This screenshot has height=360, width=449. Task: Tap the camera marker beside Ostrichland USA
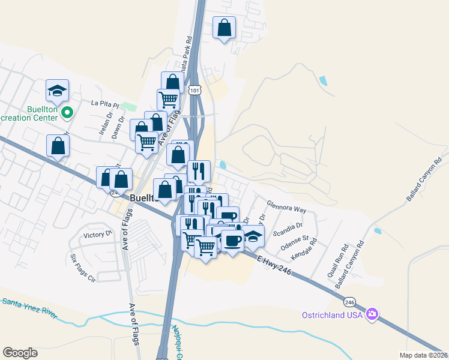point(373,314)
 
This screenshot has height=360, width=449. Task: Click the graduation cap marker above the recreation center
point(57,91)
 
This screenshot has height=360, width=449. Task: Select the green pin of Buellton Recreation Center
point(68,111)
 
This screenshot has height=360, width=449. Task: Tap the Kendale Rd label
point(303,253)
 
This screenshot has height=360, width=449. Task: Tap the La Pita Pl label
point(106,103)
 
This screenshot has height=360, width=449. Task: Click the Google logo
point(20,352)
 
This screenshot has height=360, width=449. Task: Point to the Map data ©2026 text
point(424,355)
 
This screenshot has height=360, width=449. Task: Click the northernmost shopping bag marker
point(224,28)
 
